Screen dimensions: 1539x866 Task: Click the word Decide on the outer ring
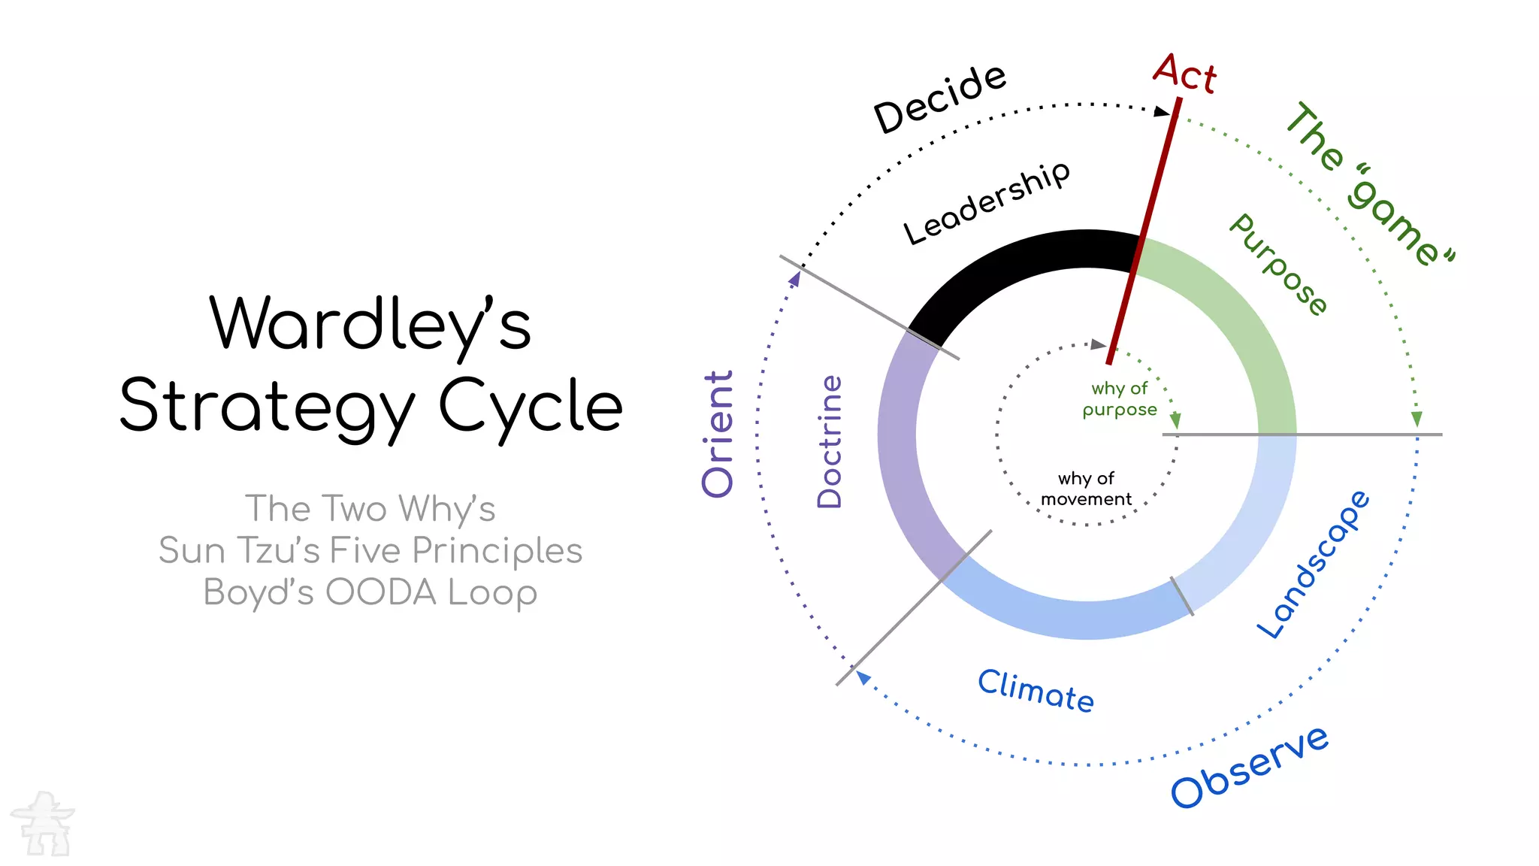[939, 98]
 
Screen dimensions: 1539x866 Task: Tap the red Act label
[1184, 74]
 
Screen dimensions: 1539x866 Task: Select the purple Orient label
[718, 434]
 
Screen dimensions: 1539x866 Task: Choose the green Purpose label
[1278, 265]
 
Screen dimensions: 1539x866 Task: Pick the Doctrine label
[830, 441]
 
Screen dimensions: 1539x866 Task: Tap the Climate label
[1036, 690]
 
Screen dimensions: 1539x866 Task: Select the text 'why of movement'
[1086, 489]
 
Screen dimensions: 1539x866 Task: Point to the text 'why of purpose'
[1120, 399]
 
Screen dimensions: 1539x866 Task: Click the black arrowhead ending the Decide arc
[1163, 111]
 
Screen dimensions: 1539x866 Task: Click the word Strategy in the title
[268, 406]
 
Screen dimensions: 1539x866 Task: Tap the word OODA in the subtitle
[381, 592]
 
